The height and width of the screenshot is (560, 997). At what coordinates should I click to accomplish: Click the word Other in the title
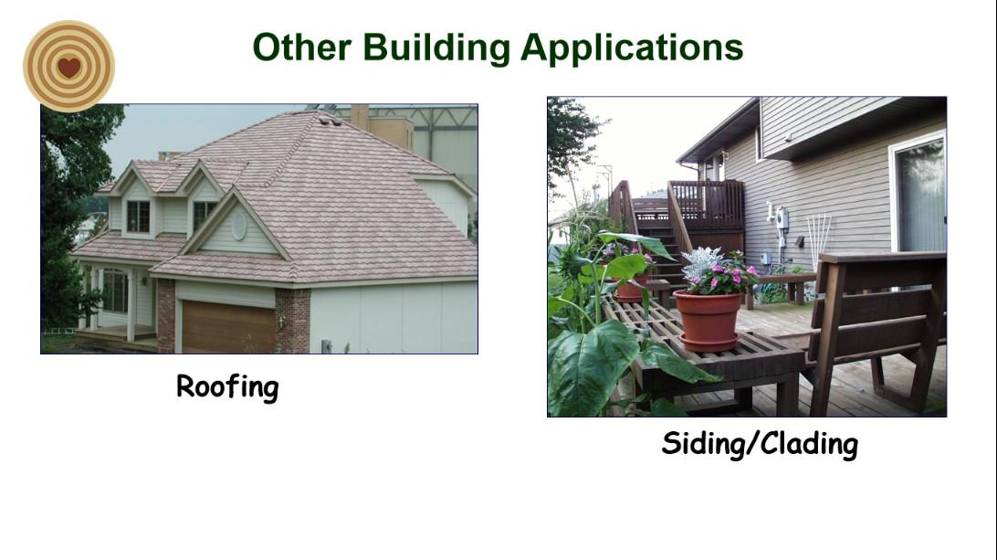click(302, 48)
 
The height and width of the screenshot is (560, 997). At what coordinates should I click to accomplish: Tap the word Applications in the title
click(632, 48)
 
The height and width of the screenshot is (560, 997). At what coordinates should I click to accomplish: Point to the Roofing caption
click(227, 387)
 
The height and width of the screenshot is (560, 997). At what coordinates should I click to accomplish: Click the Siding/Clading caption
click(760, 444)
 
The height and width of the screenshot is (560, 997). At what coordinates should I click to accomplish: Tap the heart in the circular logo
click(68, 67)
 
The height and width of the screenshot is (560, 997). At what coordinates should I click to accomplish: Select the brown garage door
click(228, 327)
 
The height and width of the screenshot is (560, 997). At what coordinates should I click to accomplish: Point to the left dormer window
click(138, 217)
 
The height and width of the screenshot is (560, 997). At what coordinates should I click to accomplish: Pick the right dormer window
click(204, 215)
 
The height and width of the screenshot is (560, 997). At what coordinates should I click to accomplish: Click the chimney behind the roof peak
click(359, 116)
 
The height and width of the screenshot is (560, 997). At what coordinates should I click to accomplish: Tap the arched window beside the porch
click(115, 291)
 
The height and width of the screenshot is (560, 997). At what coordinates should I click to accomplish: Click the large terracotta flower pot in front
click(708, 321)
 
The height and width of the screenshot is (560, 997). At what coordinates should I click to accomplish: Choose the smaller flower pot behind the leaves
click(632, 287)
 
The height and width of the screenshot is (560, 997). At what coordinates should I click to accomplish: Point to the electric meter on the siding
click(782, 218)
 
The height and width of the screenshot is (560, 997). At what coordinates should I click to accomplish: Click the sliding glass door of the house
click(918, 195)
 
